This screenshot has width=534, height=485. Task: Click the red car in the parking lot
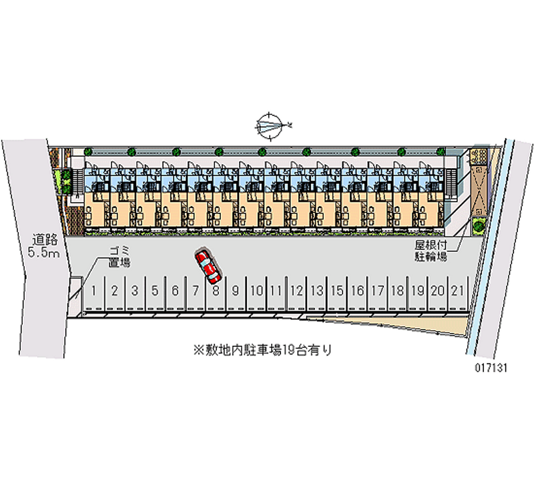click(208, 266)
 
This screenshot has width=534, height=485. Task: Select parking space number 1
click(95, 290)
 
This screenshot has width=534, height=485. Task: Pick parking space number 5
click(155, 290)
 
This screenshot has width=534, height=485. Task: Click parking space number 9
click(236, 290)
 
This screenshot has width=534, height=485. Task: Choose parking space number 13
click(317, 290)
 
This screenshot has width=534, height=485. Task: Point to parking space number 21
click(457, 290)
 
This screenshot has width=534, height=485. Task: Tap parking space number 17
click(378, 290)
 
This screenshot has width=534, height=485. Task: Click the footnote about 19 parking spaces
click(262, 349)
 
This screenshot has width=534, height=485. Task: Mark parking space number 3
click(135, 290)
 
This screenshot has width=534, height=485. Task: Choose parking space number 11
click(276, 290)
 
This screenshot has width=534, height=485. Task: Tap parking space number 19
click(418, 290)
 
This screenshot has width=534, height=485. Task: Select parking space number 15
click(338, 290)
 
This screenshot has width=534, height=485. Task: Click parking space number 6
click(175, 290)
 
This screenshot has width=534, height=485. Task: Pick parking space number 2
click(115, 290)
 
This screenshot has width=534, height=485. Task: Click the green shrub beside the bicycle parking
click(479, 225)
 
